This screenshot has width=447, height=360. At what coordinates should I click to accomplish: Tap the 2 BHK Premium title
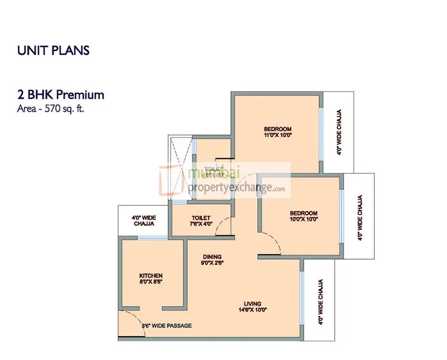(60, 95)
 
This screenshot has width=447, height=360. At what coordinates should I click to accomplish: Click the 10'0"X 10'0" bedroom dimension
(304, 218)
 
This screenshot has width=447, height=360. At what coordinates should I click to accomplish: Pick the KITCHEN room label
(150, 275)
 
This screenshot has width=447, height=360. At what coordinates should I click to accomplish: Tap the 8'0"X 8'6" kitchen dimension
(151, 281)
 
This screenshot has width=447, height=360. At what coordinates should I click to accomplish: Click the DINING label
(212, 257)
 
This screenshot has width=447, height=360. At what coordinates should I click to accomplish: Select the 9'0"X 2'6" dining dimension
(212, 263)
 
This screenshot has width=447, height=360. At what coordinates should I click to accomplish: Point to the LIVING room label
(252, 304)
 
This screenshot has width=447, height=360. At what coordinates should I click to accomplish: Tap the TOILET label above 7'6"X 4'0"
(201, 218)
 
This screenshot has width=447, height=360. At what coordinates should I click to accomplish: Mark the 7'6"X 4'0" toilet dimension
(201, 224)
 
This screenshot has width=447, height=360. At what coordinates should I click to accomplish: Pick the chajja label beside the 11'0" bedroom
(339, 133)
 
